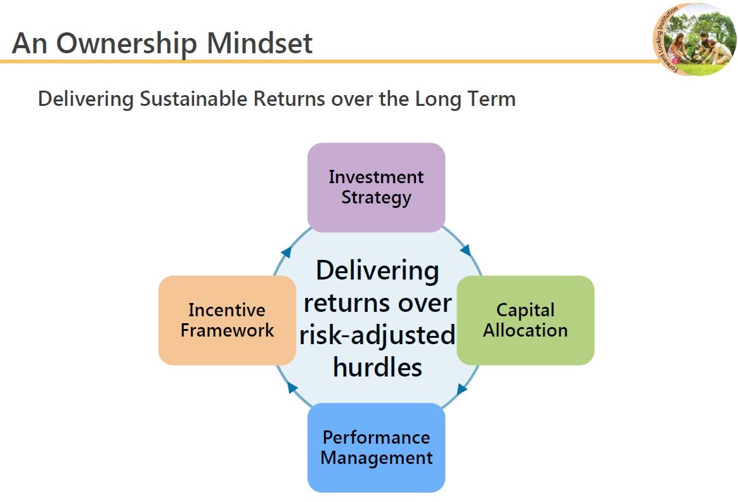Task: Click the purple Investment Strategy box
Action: click(376, 187)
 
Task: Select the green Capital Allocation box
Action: click(525, 320)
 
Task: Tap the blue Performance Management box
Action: click(376, 447)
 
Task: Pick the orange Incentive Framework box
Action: click(228, 320)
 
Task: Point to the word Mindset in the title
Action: click(259, 43)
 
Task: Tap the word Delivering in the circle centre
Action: click(377, 271)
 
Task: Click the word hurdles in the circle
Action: click(377, 367)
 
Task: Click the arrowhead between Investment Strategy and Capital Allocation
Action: click(465, 250)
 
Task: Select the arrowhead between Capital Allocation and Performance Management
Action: click(462, 389)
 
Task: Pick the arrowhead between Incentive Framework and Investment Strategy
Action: click(286, 252)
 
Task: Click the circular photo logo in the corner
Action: click(695, 39)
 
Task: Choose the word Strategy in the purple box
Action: click(376, 198)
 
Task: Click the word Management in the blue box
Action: click(377, 458)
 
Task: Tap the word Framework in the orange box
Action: click(228, 330)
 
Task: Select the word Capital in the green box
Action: click(525, 311)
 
